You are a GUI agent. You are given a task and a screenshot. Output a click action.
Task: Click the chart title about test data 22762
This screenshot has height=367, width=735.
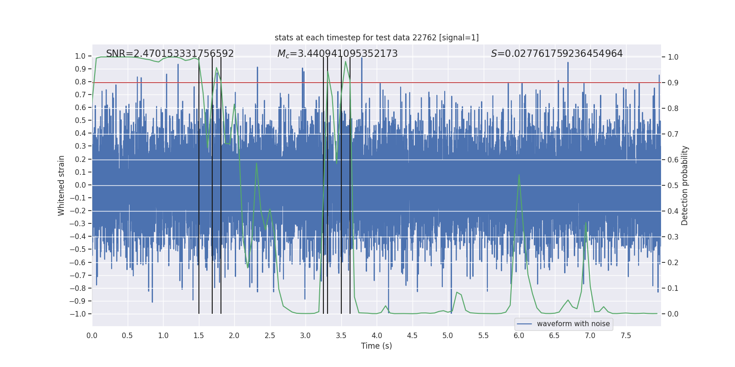376,38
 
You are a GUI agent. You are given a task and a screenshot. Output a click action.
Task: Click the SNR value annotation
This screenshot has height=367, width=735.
170,54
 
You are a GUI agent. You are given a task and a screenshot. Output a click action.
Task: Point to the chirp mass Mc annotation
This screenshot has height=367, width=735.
337,54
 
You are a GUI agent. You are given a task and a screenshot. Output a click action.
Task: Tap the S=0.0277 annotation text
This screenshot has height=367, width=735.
556,54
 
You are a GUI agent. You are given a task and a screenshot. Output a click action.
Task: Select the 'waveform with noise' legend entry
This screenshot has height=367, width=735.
573,324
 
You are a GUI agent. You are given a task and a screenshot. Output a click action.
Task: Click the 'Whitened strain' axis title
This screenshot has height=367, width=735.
61,185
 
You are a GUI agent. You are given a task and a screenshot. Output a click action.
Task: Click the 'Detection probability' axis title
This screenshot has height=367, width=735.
685,185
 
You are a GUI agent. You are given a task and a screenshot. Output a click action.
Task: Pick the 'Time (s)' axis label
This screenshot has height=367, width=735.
376,346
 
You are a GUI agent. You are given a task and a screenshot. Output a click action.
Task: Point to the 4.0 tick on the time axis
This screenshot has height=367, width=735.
377,335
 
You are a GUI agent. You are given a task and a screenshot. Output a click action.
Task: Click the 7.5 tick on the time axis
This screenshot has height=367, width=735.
626,335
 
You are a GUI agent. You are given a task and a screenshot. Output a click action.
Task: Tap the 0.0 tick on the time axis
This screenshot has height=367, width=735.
92,335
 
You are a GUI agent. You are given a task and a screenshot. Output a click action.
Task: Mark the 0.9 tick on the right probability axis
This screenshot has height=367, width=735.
673,83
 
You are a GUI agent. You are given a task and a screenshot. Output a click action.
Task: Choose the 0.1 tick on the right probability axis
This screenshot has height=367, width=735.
673,288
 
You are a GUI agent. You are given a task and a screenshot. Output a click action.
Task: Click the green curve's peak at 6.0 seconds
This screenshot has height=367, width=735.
519,175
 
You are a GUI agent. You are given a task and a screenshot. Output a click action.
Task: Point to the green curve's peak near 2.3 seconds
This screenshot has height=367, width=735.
256,163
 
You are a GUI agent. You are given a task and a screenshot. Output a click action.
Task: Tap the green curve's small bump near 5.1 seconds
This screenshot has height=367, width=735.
457,292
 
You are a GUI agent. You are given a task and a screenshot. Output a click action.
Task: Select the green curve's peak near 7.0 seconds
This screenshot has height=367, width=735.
586,223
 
